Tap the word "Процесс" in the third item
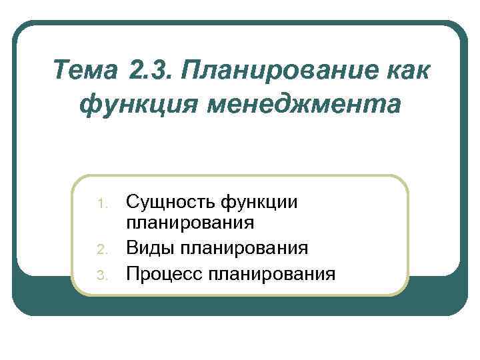pyautogui.click(x=164, y=273)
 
